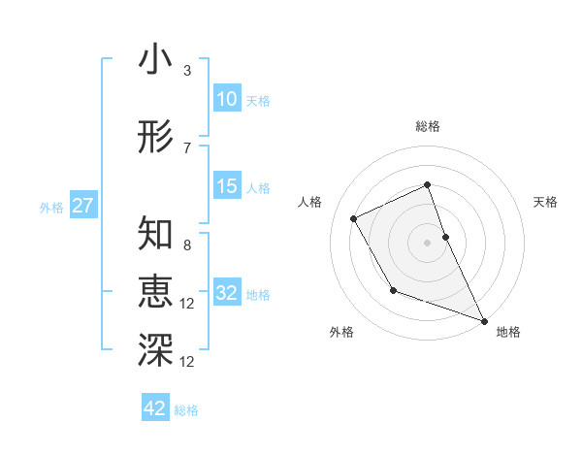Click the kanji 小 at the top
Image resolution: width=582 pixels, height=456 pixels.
click(x=155, y=60)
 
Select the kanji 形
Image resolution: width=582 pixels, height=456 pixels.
click(x=155, y=138)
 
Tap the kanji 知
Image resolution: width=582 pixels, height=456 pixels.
click(x=155, y=234)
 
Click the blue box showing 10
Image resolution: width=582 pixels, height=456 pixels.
click(x=227, y=99)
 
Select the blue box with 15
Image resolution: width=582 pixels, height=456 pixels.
click(x=227, y=186)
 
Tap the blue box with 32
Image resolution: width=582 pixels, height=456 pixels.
click(x=227, y=293)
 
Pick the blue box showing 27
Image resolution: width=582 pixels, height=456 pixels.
click(x=82, y=206)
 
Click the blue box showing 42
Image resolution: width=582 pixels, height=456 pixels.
click(x=155, y=408)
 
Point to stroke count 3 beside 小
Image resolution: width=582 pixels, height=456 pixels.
click(x=187, y=71)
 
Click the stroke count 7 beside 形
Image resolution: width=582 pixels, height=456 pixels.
click(x=187, y=148)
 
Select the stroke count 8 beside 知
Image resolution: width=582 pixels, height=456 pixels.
click(x=187, y=245)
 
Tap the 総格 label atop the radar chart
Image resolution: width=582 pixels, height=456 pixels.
click(x=427, y=126)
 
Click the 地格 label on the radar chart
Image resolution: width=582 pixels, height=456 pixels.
click(x=508, y=333)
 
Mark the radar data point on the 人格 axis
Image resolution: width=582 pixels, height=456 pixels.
click(x=354, y=218)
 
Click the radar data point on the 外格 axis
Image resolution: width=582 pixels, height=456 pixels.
click(x=393, y=290)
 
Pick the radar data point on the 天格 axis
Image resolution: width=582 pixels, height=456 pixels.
click(x=445, y=236)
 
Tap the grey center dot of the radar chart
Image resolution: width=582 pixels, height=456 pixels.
click(x=427, y=242)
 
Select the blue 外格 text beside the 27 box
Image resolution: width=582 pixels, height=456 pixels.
click(x=51, y=207)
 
